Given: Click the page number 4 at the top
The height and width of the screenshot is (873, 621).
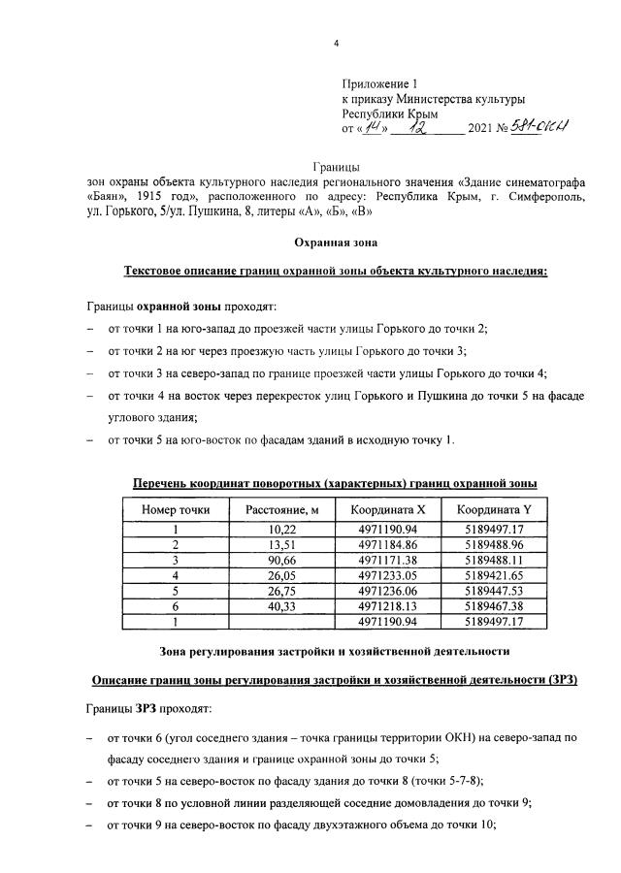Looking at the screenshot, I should pyautogui.click(x=336, y=43).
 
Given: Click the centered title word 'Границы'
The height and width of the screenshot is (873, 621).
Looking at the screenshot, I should pyautogui.click(x=336, y=169).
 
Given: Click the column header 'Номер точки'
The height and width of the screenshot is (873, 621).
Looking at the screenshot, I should pyautogui.click(x=176, y=509).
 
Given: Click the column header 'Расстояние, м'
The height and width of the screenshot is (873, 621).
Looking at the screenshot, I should pyautogui.click(x=281, y=509).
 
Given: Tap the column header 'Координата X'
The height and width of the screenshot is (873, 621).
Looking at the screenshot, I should pyautogui.click(x=387, y=509).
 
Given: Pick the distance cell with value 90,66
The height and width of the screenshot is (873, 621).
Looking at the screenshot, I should pyautogui.click(x=281, y=560).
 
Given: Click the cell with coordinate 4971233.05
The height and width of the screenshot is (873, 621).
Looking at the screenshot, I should pyautogui.click(x=387, y=575).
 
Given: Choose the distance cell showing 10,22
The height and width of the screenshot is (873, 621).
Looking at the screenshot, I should pyautogui.click(x=281, y=530).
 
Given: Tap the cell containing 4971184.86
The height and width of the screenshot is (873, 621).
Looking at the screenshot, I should pyautogui.click(x=387, y=545).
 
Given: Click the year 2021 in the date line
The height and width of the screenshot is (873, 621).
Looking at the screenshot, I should pyautogui.click(x=482, y=129).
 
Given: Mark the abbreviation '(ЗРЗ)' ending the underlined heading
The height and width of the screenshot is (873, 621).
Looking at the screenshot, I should pyautogui.click(x=558, y=679).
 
